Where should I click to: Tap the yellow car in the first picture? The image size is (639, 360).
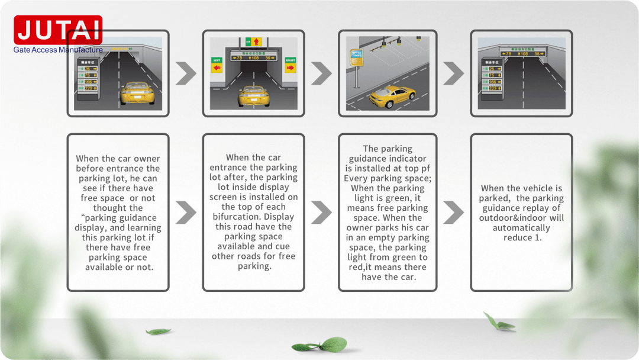point(137,92)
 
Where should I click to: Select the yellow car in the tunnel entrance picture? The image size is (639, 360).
point(254,95)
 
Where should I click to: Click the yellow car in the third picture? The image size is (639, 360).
point(391,97)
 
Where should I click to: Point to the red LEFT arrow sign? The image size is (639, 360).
point(217,67)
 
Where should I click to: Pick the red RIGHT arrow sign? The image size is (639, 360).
point(291,67)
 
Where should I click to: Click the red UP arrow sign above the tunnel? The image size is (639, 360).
point(257,42)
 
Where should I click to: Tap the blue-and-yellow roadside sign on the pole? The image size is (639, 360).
point(356,57)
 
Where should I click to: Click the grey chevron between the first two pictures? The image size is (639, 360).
point(186,73)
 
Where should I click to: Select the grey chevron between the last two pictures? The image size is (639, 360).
point(454,73)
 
